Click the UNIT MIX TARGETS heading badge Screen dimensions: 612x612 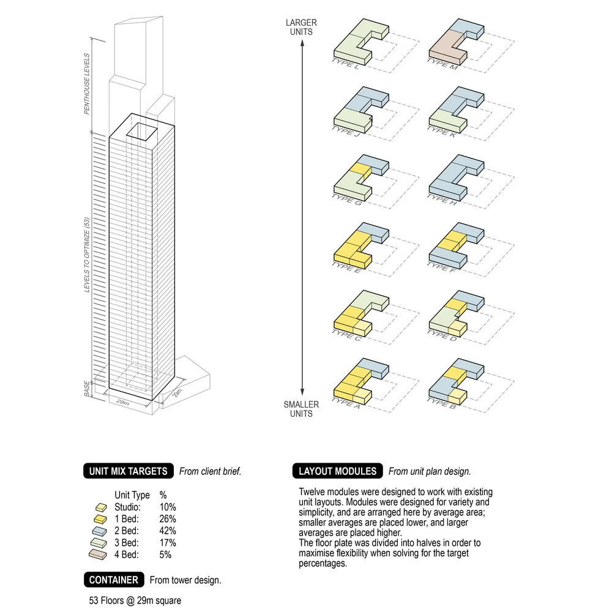click(x=128, y=471)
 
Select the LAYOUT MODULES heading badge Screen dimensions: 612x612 click(x=337, y=471)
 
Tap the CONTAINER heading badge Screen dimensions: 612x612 click(x=114, y=580)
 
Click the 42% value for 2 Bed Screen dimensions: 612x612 click(x=168, y=531)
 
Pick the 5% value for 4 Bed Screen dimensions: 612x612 click(x=165, y=554)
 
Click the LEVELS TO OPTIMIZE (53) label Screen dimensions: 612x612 click(x=87, y=255)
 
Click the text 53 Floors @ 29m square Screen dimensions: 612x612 click(x=135, y=600)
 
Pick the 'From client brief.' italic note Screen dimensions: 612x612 click(x=210, y=471)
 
